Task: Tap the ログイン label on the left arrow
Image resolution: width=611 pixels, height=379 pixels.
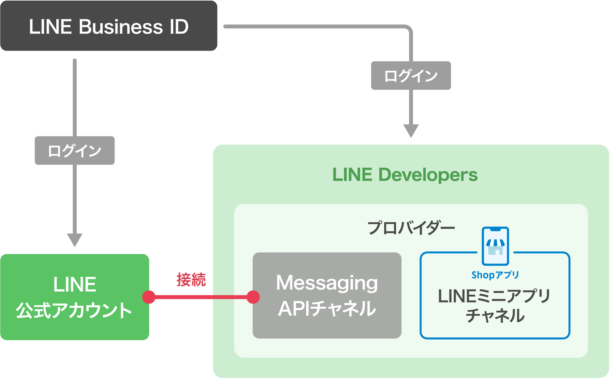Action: coord(75,150)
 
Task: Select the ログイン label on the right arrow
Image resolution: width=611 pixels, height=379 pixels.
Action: coord(411,76)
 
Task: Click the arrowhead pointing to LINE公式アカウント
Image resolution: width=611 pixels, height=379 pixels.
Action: coord(75,240)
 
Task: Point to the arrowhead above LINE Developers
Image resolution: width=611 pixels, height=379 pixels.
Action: coord(411,131)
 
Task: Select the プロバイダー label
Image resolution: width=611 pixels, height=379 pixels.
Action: coord(411,228)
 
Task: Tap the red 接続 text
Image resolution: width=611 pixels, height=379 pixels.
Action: coord(191,280)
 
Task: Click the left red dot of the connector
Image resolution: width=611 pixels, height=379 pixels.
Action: coord(149,297)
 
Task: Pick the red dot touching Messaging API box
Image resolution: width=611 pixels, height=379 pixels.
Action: coord(253,297)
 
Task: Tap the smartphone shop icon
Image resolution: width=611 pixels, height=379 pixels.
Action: coord(495,246)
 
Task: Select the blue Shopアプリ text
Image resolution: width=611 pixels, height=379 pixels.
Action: coord(495,275)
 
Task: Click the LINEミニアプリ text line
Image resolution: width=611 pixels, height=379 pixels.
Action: coord(494,296)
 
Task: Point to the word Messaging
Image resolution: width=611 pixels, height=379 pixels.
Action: coord(327,283)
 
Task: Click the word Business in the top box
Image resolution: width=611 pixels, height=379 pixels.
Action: coord(121,27)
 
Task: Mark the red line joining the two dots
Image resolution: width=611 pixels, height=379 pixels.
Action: coord(201,297)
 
